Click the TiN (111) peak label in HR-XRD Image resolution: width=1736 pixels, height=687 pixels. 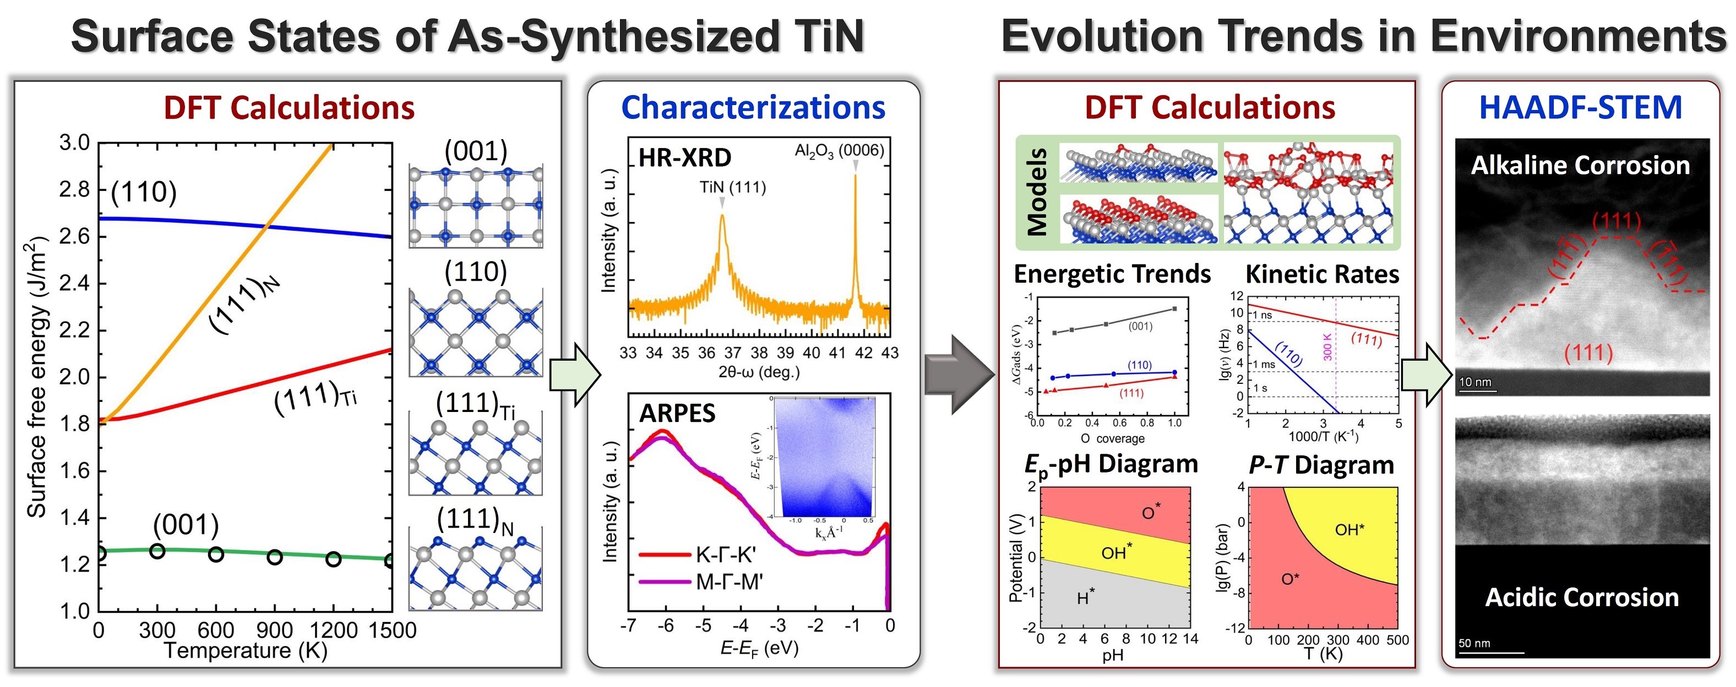click(732, 187)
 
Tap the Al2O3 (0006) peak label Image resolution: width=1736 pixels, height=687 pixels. click(839, 150)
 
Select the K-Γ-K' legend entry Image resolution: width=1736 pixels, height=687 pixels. click(725, 555)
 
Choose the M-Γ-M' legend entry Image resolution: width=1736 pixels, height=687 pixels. click(728, 581)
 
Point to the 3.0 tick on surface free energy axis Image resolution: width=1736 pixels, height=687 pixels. click(74, 143)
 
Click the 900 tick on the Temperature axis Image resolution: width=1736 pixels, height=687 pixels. click(274, 630)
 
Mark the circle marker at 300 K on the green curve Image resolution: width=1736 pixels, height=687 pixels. click(157, 551)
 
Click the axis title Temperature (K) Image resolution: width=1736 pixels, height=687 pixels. click(246, 651)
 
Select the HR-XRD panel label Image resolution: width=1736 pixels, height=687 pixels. click(684, 158)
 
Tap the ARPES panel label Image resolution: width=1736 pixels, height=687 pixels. click(677, 413)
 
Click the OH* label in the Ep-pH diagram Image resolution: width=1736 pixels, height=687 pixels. click(1116, 552)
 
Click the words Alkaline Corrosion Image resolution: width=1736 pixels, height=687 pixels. click(1580, 166)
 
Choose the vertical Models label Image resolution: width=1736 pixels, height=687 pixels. click(1036, 192)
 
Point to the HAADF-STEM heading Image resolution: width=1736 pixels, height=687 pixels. click(1580, 108)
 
